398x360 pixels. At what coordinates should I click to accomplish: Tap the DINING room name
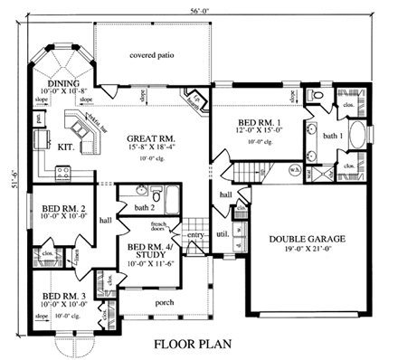coord(64,82)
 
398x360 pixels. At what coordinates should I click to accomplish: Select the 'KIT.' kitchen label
coord(65,143)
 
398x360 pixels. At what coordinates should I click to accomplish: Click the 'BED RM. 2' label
coord(63,207)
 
